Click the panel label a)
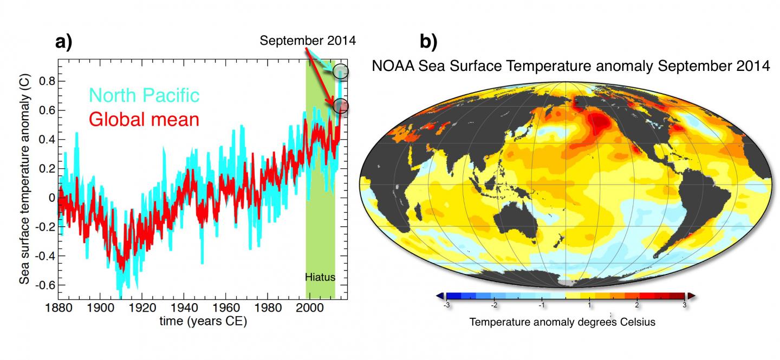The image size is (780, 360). [x=64, y=42]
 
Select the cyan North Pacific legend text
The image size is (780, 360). [x=144, y=95]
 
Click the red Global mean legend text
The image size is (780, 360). [x=144, y=119]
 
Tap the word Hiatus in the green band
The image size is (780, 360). [x=320, y=277]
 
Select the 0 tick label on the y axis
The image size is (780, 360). [x=52, y=198]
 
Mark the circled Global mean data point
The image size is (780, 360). [x=341, y=107]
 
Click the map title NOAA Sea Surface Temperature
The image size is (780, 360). [x=570, y=67]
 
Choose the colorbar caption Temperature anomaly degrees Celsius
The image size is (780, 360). [x=562, y=322]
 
